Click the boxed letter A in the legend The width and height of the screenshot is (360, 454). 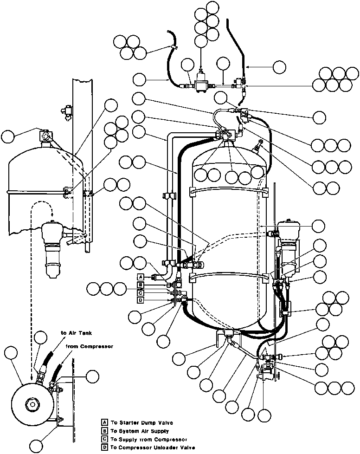coord(105,422)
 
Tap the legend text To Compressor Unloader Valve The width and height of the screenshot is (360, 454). coord(149,447)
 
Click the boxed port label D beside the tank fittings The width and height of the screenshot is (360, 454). coord(141,300)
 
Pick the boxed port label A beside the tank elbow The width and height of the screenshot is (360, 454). coord(141,277)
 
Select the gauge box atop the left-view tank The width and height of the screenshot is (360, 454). coord(45,136)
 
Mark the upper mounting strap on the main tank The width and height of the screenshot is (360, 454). coord(230,190)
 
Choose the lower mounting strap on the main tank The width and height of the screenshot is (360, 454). coord(230,277)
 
